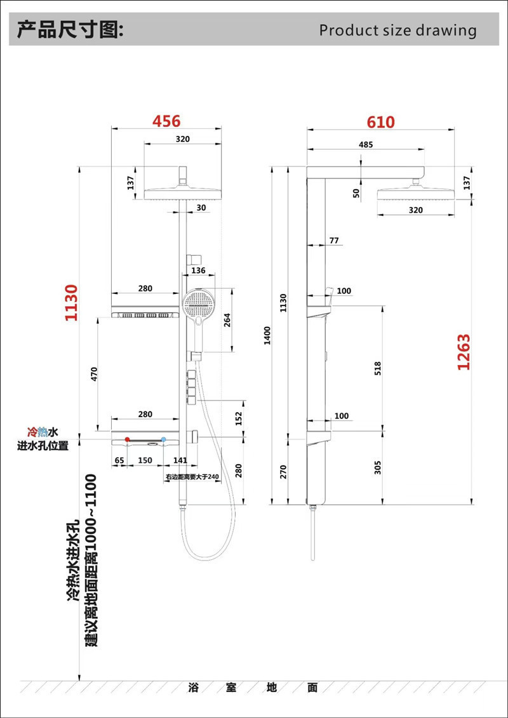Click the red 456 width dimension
pos(166,121)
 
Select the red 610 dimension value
pos(380,122)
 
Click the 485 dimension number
pos(366,145)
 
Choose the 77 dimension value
pos(335,241)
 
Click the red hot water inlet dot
pos(127,439)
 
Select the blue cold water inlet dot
pos(163,439)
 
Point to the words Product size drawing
pos(398,30)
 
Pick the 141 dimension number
pos(180,460)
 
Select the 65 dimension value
pos(119,460)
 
